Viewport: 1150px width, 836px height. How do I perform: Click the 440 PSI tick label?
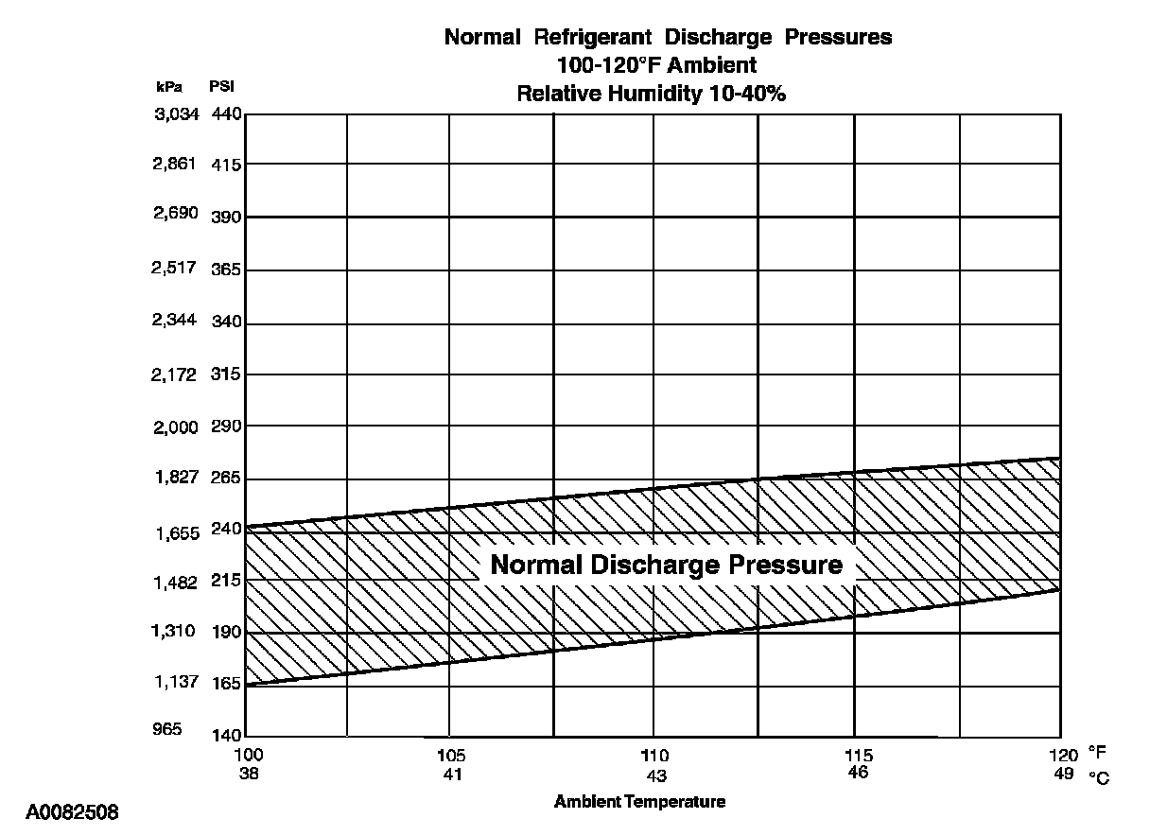tap(228, 114)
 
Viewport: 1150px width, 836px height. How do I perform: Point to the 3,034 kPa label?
tap(175, 114)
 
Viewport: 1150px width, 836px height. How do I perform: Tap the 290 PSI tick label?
tap(228, 427)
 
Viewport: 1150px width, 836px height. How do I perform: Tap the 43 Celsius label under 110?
tap(654, 775)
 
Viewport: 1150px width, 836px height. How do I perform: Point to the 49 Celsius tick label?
tap(1064, 774)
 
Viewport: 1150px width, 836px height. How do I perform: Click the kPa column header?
tap(168, 87)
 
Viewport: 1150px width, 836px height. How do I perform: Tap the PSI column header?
tap(222, 87)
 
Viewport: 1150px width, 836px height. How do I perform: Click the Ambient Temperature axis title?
tap(639, 802)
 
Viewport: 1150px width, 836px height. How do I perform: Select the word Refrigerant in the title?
tap(592, 38)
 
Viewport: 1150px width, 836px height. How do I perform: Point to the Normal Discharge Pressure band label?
tap(666, 565)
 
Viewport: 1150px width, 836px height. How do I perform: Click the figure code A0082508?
tap(72, 812)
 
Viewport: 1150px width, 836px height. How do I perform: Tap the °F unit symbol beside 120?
tap(1097, 754)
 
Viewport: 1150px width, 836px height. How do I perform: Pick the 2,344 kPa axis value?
tap(175, 320)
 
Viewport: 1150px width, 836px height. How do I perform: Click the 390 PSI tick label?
tap(228, 217)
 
